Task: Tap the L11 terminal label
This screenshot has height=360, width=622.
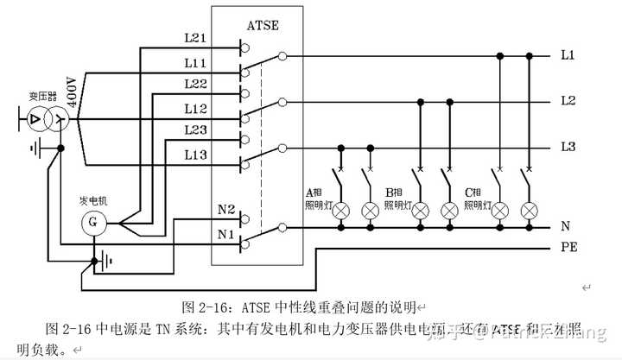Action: tap(194, 63)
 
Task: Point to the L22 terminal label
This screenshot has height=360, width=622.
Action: tap(194, 83)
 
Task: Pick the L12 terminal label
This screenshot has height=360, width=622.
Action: tap(194, 109)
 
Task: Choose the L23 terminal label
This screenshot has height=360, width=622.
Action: tap(194, 129)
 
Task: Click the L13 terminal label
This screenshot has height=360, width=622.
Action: tap(194, 155)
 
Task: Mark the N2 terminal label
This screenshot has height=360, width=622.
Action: tap(226, 209)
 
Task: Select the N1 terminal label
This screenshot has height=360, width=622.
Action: tap(226, 233)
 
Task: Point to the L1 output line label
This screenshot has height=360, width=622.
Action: tap(568, 55)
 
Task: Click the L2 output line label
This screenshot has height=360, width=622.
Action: tap(568, 100)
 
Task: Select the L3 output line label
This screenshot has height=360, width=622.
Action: tap(568, 147)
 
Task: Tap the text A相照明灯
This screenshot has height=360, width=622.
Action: tap(315, 198)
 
